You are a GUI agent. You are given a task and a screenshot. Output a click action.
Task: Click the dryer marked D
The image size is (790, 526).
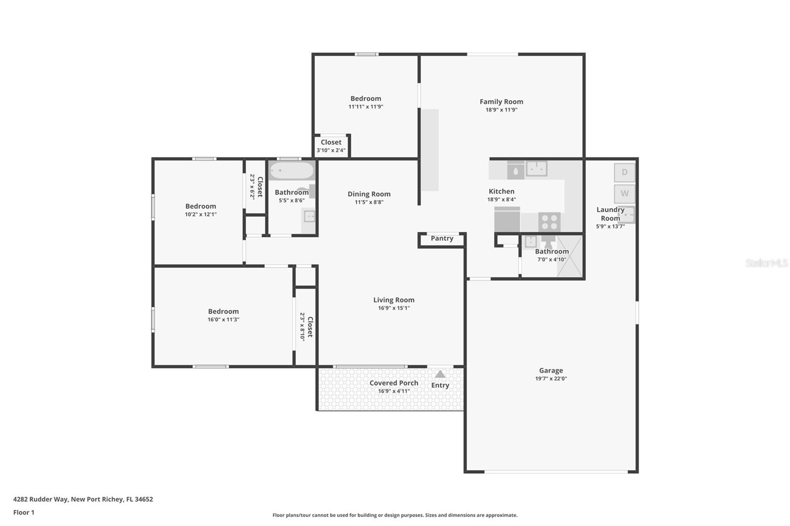tap(625, 173)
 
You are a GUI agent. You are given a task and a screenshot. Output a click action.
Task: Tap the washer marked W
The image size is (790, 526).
tap(625, 193)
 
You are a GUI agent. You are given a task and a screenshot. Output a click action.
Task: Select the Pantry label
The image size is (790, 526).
tap(442, 238)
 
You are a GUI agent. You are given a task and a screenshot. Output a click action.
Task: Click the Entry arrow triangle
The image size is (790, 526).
tap(440, 375)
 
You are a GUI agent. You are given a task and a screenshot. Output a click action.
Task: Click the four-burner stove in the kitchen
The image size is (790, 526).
tap(549, 222)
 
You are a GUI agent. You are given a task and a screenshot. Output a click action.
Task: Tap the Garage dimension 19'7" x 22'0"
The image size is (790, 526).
tap(551, 379)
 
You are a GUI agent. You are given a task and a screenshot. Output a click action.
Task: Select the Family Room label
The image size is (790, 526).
tap(501, 102)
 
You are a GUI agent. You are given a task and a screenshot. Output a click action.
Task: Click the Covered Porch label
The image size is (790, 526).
tap(394, 383)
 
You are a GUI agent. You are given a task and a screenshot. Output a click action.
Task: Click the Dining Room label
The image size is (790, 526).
tap(369, 194)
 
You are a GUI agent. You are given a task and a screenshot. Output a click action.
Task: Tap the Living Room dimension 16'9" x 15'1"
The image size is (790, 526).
tap(394, 308)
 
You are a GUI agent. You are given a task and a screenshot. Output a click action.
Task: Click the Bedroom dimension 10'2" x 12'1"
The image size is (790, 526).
tap(200, 214)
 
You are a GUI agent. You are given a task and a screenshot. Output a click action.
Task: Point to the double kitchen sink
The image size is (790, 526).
tap(536, 169)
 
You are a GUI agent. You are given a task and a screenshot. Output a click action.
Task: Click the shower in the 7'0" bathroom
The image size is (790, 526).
tap(569, 257)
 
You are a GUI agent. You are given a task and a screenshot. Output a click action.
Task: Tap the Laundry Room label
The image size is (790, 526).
tap(610, 214)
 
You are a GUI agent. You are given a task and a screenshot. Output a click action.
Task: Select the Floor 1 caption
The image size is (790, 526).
tap(24, 512)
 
